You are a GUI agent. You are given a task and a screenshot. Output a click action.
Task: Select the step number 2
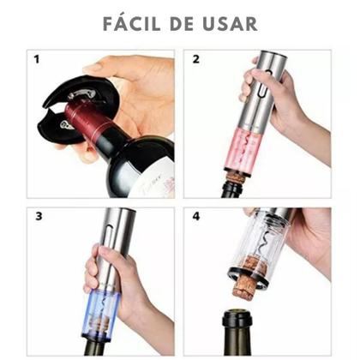point(195,60)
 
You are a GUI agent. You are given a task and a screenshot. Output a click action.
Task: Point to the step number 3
point(37,216)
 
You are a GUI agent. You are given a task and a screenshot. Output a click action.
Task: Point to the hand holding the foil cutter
point(137,86)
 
